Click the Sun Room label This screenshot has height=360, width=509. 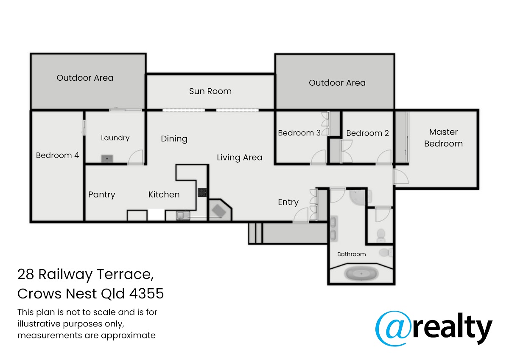(210, 91)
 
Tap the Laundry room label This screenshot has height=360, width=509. (115, 138)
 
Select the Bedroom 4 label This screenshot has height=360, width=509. (57, 155)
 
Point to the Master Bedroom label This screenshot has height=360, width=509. (443, 138)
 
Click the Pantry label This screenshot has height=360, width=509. (101, 195)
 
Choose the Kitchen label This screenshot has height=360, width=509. (164, 194)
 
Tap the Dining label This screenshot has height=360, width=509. (174, 139)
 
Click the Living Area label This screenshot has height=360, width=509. (240, 157)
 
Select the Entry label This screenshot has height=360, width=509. (288, 202)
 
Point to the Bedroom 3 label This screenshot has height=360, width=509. (299, 133)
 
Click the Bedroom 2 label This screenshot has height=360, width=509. (367, 133)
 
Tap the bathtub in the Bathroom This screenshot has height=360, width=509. (361, 273)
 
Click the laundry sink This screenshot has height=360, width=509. (107, 158)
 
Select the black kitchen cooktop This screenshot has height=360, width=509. (202, 192)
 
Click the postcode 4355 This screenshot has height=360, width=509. (147, 293)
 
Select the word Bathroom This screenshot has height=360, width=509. (352, 254)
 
